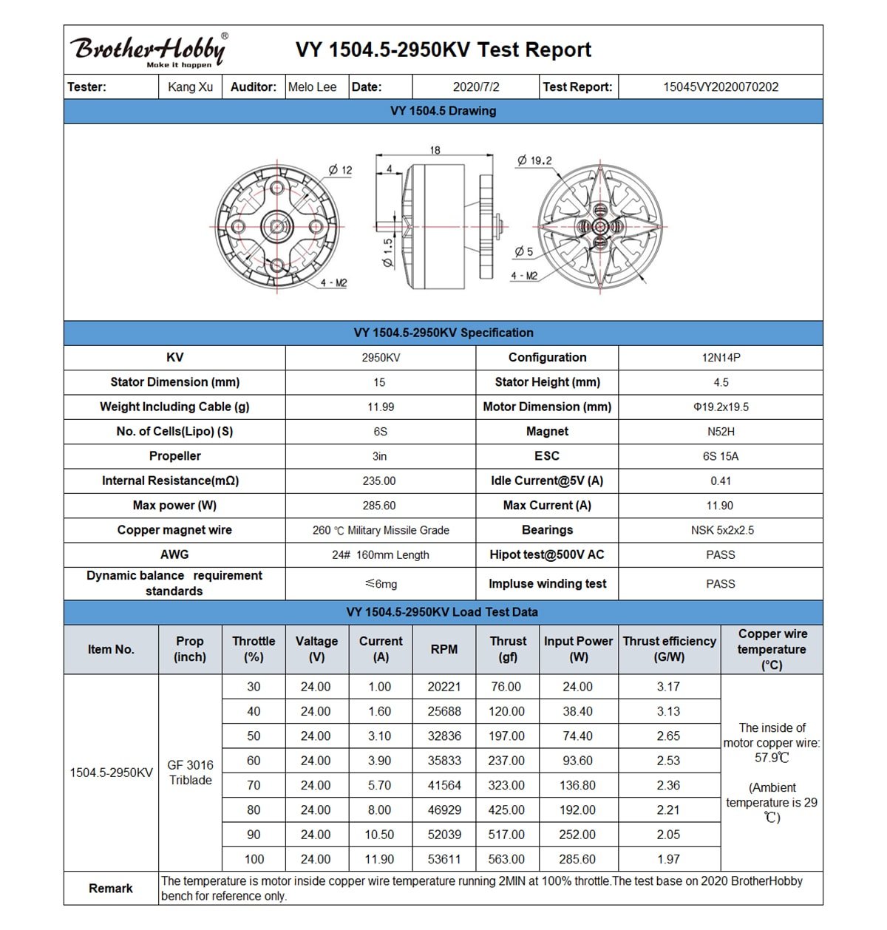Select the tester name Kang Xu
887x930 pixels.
[190, 87]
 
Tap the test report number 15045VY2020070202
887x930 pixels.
[720, 87]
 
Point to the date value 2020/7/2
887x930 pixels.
[476, 87]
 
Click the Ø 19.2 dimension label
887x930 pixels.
[534, 160]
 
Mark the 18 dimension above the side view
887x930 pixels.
[435, 150]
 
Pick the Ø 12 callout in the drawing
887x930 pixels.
[341, 170]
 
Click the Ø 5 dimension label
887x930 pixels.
[523, 251]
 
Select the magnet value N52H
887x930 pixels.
[721, 432]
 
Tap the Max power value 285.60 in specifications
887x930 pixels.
[379, 506]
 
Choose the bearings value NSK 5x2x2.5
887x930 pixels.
[721, 530]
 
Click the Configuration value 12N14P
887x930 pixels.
[721, 358]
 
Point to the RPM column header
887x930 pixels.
[444, 649]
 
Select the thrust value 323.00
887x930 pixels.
[506, 785]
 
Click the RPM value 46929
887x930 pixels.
[444, 809]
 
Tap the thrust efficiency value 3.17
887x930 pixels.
[668, 687]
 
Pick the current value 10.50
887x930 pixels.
[379, 835]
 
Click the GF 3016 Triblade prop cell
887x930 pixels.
[190, 773]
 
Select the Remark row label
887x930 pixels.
[111, 889]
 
